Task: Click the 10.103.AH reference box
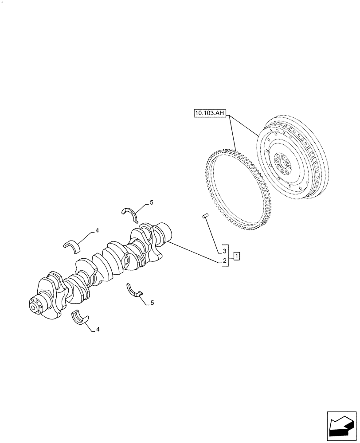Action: tap(210, 113)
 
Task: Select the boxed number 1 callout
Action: tap(237, 256)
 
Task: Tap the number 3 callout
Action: tap(225, 251)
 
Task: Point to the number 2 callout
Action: tap(225, 261)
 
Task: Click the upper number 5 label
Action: tap(151, 202)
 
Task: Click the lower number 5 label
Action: tap(152, 303)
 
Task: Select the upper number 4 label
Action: tap(97, 231)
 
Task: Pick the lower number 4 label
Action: tap(97, 329)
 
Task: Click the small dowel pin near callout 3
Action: tap(205, 216)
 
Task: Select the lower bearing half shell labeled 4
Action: tap(80, 318)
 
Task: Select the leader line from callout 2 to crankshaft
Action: tap(195, 253)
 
